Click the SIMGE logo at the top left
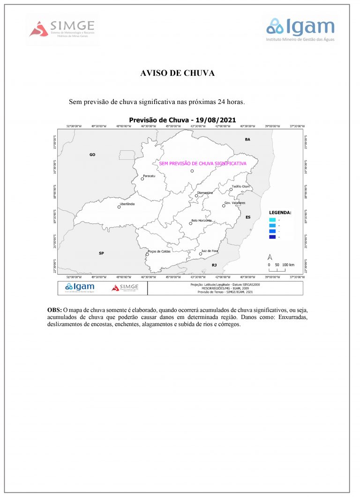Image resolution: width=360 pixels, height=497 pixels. pyautogui.click(x=62, y=29)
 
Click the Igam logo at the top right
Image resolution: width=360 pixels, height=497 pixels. pyautogui.click(x=300, y=30)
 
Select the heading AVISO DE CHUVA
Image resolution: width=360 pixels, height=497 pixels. pyautogui.click(x=178, y=74)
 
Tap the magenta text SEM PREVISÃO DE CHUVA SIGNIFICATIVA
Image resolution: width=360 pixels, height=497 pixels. pyautogui.click(x=202, y=163)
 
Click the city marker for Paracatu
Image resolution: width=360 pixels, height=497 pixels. pyautogui.click(x=142, y=179)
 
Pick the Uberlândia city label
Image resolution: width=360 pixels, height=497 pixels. pyautogui.click(x=127, y=204)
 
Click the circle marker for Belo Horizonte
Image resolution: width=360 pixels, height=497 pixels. pyautogui.click(x=190, y=223)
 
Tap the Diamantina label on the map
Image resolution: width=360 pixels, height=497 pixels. pyautogui.click(x=205, y=193)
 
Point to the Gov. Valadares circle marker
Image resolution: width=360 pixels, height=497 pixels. pyautogui.click(x=224, y=206)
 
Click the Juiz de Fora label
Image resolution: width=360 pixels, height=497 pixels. pyautogui.click(x=210, y=251)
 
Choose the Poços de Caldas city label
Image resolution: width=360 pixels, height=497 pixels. pyautogui.click(x=158, y=251)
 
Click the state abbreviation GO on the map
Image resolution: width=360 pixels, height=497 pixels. pyautogui.click(x=92, y=154)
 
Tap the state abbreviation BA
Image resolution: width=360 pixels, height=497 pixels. pyautogui.click(x=247, y=140)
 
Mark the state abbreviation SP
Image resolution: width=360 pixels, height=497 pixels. pyautogui.click(x=101, y=253)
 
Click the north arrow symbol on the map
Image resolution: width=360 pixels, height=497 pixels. pyautogui.click(x=270, y=257)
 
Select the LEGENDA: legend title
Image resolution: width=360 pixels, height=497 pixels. pyautogui.click(x=280, y=212)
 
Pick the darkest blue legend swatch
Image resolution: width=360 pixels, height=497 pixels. pyautogui.click(x=272, y=237)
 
